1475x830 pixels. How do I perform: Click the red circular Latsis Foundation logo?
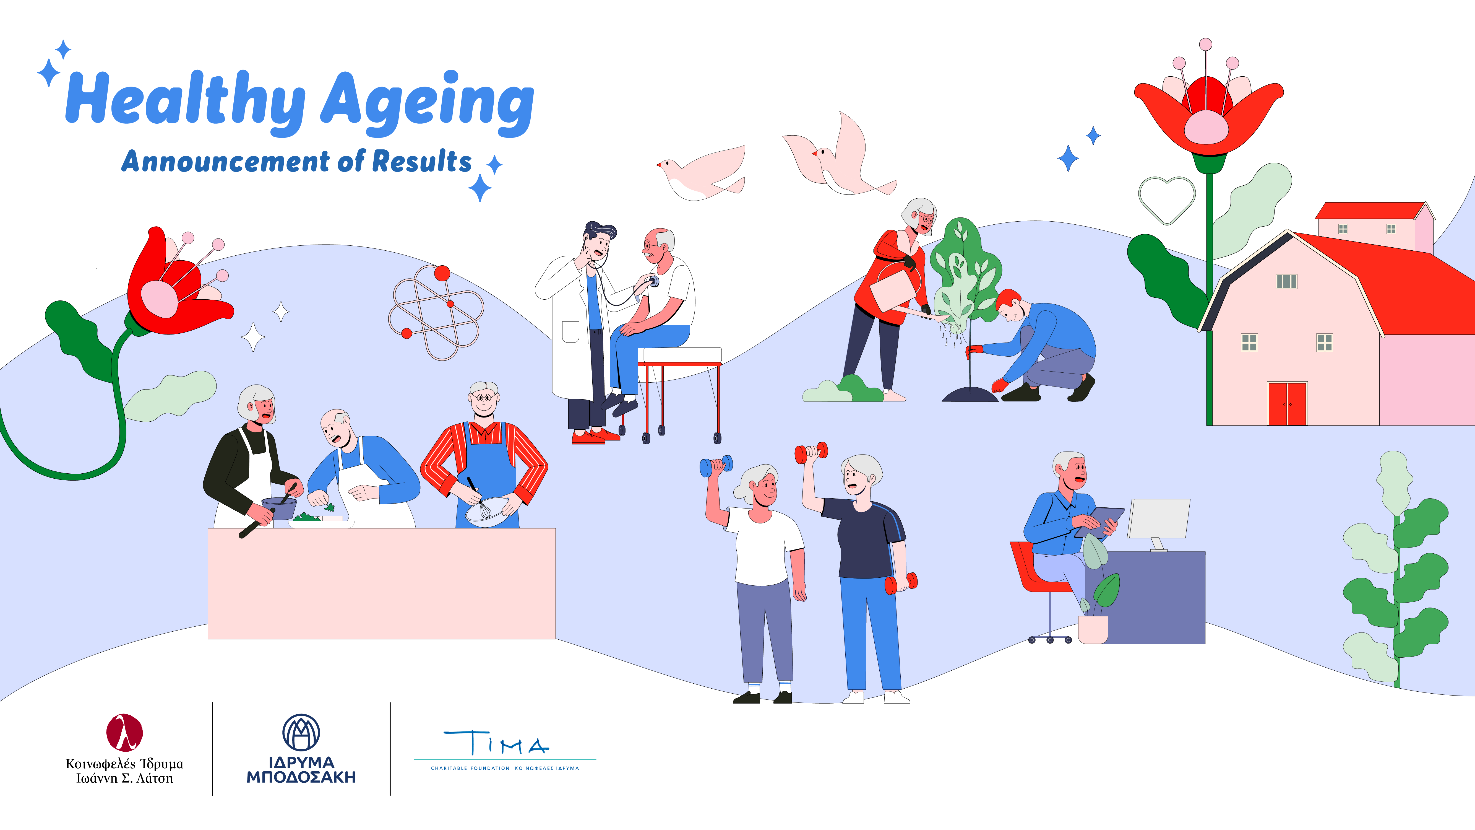click(x=124, y=732)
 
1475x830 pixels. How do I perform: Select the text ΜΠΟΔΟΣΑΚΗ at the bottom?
click(x=301, y=777)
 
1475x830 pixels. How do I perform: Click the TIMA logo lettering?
click(x=496, y=743)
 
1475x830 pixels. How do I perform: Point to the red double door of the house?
click(x=1287, y=404)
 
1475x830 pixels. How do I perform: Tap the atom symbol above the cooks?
click(x=436, y=312)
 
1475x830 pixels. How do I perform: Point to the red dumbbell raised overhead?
click(x=811, y=453)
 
